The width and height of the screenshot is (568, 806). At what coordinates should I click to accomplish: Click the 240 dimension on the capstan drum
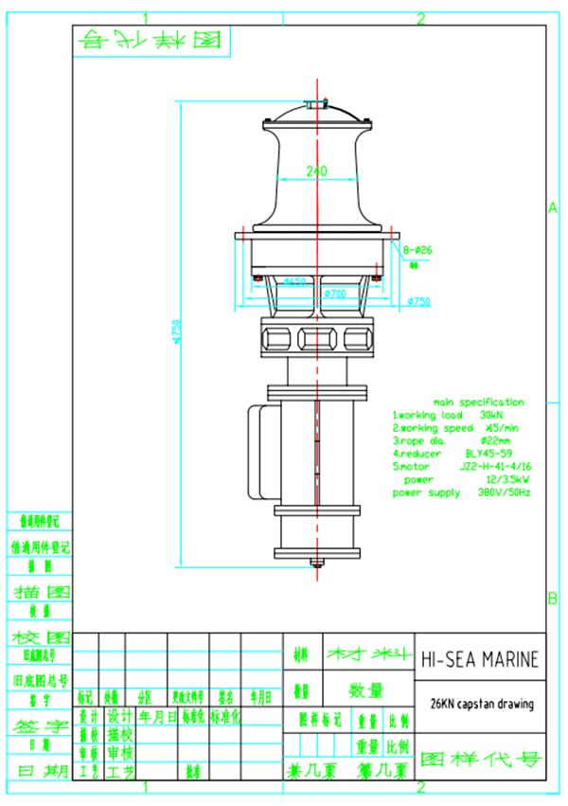coord(315,171)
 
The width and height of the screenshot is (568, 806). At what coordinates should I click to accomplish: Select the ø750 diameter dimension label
coord(417,301)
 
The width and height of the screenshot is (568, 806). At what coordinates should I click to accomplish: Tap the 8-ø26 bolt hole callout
coord(417,250)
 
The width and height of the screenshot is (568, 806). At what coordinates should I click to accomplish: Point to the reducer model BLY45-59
coord(487,454)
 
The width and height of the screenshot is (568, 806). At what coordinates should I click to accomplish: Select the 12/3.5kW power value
coord(499,480)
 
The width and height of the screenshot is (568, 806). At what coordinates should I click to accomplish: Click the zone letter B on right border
coord(553,598)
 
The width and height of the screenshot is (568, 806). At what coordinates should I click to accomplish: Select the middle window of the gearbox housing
coord(314,338)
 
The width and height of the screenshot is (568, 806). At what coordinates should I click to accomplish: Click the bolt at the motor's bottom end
coord(314,566)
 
